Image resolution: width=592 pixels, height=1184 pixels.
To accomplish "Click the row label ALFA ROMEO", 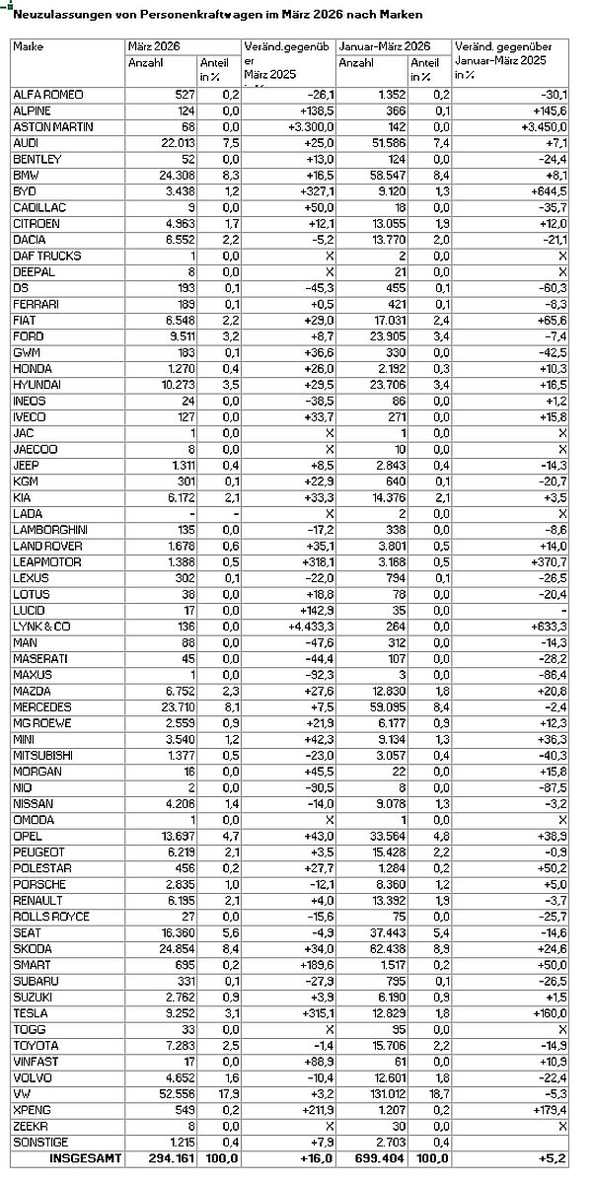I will [48, 94].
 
